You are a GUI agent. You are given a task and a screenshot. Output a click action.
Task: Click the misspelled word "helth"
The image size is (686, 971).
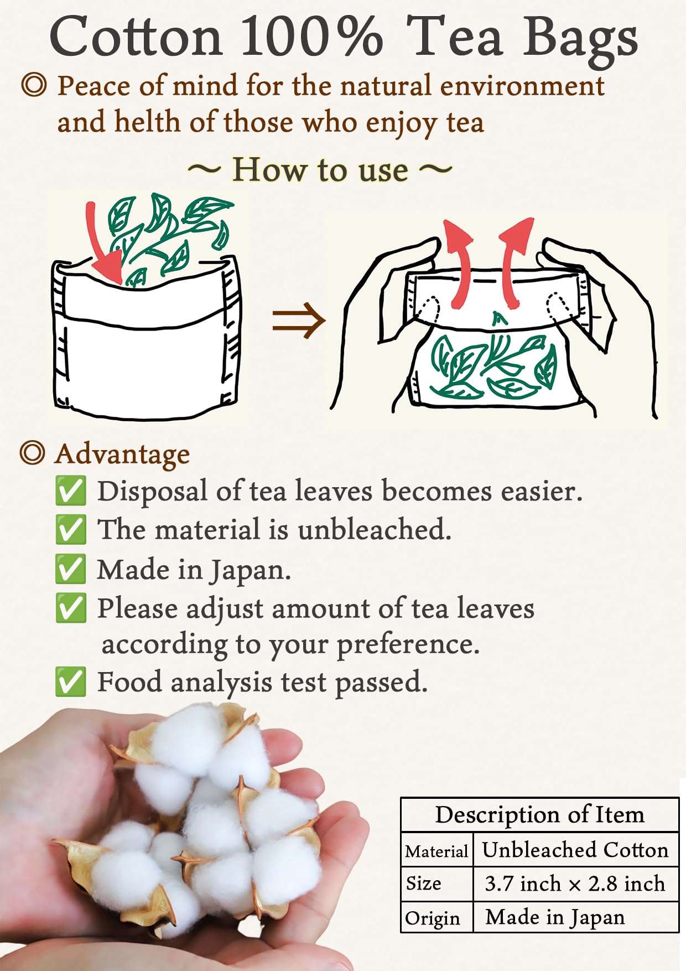click(147, 122)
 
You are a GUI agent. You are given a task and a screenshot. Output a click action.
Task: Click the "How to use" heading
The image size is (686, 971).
click(320, 169)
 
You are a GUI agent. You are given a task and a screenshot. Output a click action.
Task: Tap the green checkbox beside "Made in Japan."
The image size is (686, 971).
click(71, 569)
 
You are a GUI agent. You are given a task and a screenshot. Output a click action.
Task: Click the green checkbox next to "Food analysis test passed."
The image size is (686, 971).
click(71, 681)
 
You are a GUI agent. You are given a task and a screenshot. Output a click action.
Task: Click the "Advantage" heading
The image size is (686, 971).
click(122, 454)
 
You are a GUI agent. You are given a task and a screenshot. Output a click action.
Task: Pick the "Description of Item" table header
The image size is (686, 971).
click(539, 815)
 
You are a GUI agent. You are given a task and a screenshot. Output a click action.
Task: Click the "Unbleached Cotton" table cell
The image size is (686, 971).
click(575, 850)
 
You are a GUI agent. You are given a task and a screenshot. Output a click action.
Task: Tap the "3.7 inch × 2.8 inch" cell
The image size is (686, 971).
click(575, 884)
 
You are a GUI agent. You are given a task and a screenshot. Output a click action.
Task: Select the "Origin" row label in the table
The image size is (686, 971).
click(433, 918)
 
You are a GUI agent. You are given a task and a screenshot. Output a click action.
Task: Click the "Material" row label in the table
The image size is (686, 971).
click(436, 851)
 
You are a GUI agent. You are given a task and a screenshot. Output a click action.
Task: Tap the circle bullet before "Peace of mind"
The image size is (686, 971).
click(34, 86)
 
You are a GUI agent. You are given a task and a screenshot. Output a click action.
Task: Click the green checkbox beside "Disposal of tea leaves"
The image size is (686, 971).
click(71, 491)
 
